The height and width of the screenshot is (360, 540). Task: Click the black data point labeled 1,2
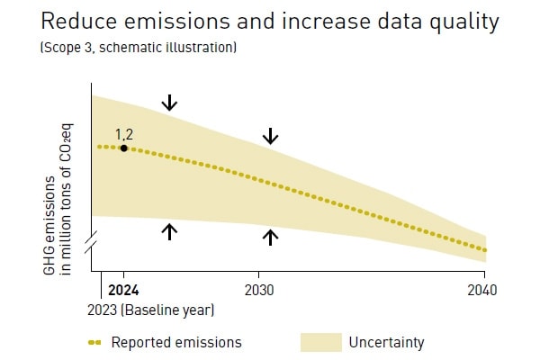point(123,148)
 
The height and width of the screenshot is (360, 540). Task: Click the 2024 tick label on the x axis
point(123,290)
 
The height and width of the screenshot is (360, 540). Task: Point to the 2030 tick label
point(259,290)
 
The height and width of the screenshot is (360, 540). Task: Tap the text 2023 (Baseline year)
point(151,310)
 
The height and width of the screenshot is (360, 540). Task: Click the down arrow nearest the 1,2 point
point(169,103)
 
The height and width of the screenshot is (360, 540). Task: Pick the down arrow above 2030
point(271,136)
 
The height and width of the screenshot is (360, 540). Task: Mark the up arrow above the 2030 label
point(271,237)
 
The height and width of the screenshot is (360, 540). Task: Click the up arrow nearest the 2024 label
point(169,231)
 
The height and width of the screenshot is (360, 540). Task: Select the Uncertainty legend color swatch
point(320,342)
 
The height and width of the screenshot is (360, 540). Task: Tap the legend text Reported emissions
point(176,342)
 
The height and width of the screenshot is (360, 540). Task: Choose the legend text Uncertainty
point(386,342)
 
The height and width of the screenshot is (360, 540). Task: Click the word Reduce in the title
point(79,22)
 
